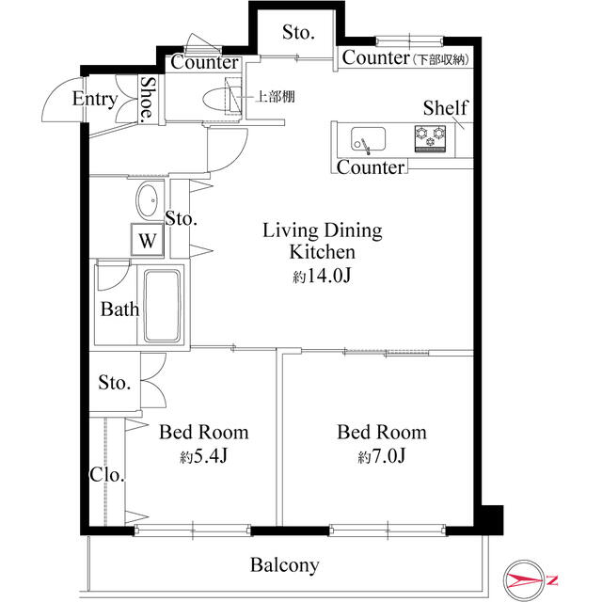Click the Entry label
[95, 99]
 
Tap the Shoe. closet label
[148, 100]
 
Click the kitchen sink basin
[368, 139]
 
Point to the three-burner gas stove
[430, 138]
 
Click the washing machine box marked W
[148, 240]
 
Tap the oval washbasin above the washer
[147, 200]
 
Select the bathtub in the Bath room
[162, 306]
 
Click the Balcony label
[284, 565]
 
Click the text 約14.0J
[322, 276]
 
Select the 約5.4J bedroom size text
[204, 456]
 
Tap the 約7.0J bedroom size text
[382, 456]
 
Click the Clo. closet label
[107, 475]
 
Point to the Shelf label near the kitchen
[445, 107]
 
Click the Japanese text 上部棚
[275, 96]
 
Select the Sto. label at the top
[298, 32]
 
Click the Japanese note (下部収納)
[441, 59]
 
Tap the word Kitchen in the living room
[322, 252]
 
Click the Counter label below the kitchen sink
[371, 167]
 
